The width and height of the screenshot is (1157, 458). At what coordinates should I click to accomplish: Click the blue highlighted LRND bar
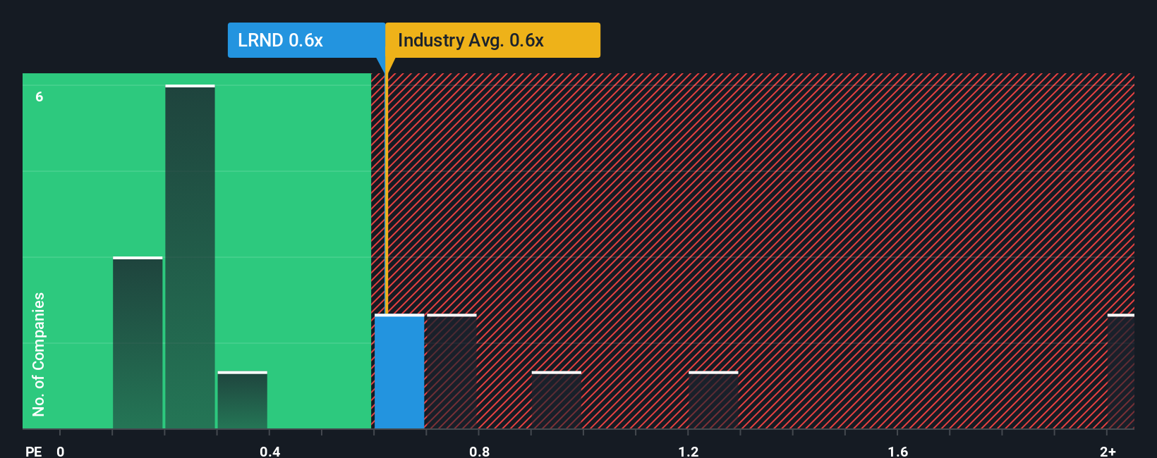399,372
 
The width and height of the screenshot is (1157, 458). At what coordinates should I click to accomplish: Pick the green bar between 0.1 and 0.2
138,343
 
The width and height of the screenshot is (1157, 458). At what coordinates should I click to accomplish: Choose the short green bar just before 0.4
242,400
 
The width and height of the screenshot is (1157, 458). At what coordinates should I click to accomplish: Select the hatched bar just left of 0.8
452,372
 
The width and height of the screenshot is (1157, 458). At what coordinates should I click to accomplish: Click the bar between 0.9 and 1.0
557,400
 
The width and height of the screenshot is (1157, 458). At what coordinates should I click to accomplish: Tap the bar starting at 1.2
713,400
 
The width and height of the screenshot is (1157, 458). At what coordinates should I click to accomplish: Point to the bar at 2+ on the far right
1120,372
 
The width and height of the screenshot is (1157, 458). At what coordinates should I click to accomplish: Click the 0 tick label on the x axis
61,451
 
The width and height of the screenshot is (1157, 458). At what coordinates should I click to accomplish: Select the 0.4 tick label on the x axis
269,451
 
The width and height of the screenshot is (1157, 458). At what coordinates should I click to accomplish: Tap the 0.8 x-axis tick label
479,451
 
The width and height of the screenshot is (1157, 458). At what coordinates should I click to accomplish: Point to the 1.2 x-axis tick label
689,451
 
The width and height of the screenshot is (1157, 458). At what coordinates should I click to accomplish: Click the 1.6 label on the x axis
897,451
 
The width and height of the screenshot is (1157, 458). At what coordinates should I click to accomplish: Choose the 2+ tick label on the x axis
1108,451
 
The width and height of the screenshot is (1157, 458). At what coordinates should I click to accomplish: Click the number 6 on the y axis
40,97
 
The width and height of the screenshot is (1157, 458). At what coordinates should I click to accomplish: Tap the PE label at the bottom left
33,451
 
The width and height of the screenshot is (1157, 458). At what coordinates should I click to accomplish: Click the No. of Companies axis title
39,354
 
